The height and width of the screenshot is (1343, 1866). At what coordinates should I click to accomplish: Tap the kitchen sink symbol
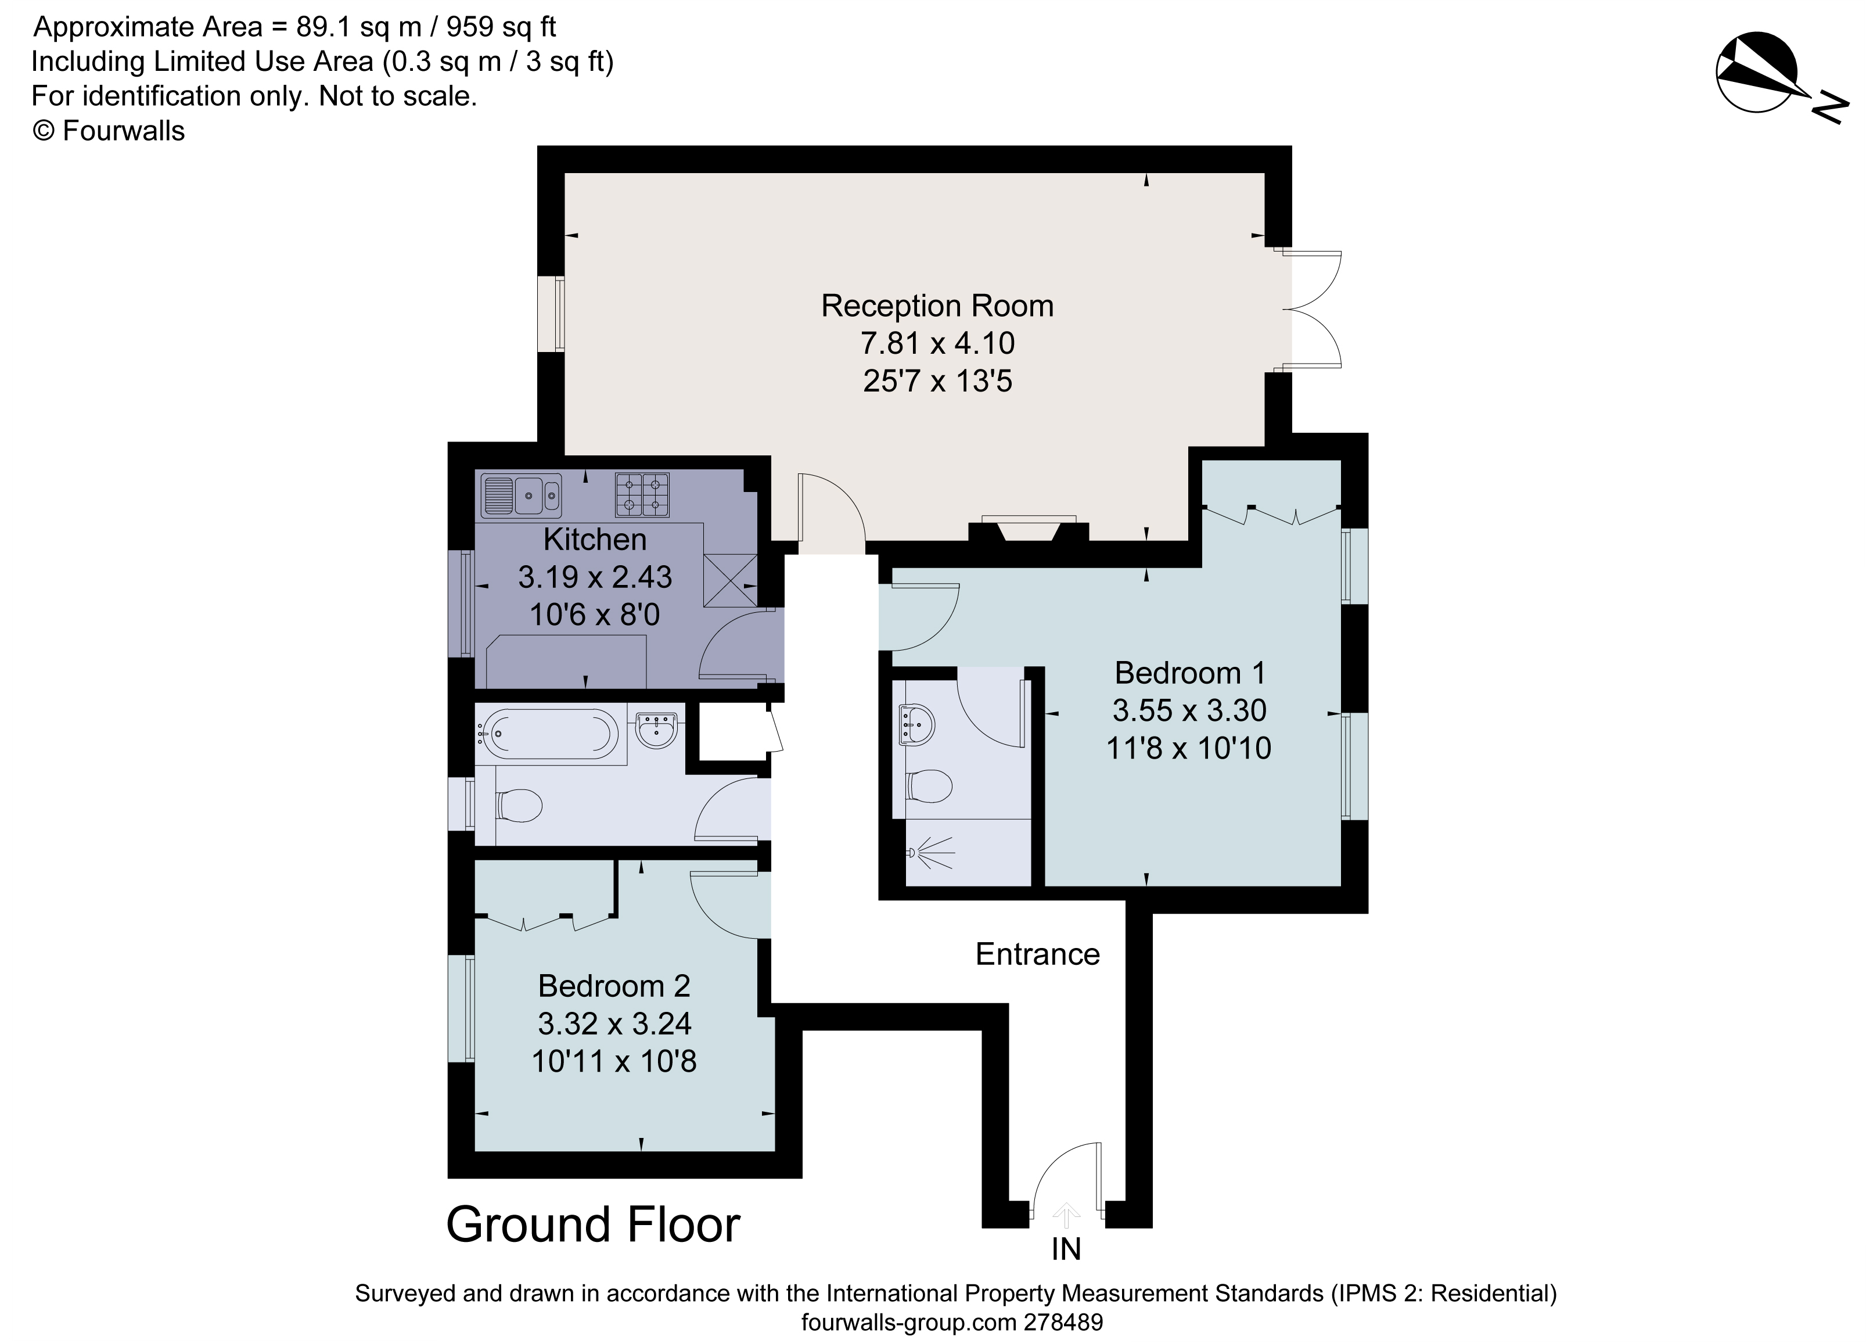tap(522, 494)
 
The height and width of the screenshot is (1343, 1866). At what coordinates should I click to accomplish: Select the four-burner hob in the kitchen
tap(642, 494)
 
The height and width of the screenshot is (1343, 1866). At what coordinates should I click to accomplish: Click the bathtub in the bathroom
tap(549, 733)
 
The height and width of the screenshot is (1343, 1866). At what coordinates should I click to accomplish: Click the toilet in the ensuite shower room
tap(929, 786)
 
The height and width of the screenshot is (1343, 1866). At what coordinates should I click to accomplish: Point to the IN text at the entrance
tap(1066, 1249)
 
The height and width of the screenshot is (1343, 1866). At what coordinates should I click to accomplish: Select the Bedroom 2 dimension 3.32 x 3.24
tap(614, 1024)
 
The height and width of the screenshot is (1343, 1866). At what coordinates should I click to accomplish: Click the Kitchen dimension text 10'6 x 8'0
tap(594, 615)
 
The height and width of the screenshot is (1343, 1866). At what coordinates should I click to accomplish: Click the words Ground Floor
tap(592, 1224)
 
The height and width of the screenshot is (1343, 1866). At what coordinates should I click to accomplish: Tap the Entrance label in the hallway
tap(1037, 954)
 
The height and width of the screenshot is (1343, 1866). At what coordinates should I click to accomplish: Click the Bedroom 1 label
tap(1189, 673)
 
